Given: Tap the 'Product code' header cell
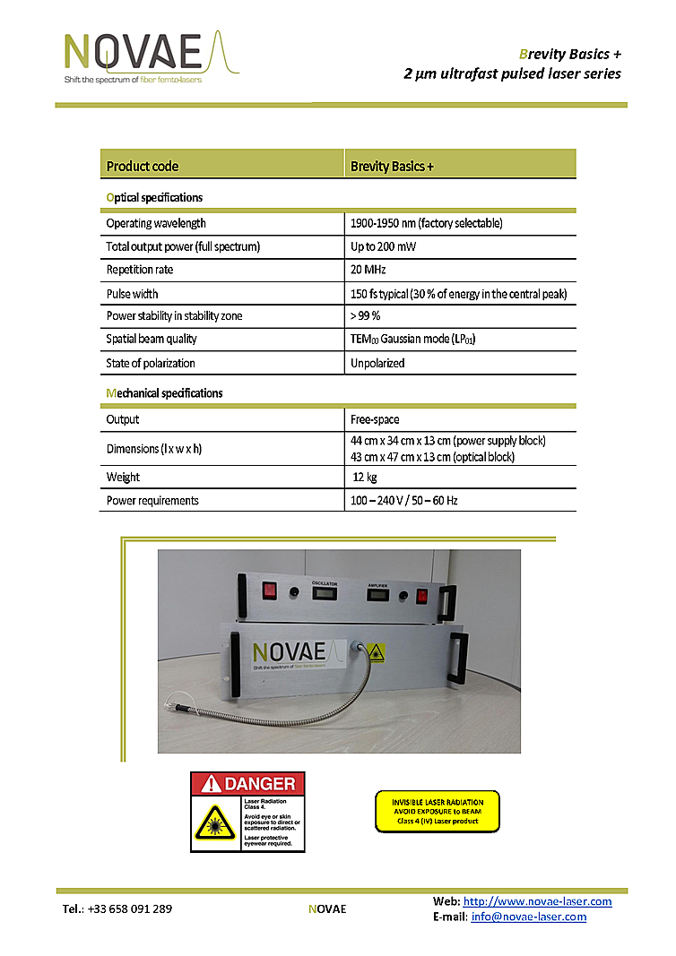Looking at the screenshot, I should click(143, 166).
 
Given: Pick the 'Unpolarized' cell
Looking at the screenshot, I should click(377, 363).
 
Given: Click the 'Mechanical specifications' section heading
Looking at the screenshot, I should click(164, 392).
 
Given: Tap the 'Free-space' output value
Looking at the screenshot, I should click(376, 419).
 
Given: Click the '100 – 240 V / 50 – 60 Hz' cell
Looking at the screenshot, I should click(404, 500).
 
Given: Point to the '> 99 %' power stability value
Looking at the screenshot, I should click(366, 315).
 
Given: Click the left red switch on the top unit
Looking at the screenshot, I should click(267, 590).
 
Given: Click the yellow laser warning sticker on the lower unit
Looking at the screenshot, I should click(377, 652).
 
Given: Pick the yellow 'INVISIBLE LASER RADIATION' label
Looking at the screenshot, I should click(437, 811).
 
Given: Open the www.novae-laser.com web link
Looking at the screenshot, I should click(537, 901).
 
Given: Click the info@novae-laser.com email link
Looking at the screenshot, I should click(529, 917).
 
